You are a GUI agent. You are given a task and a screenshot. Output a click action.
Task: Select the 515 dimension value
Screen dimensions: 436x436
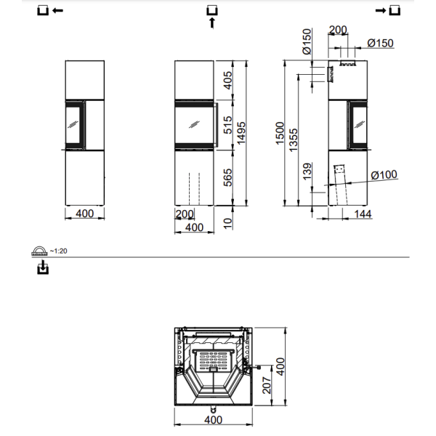[227, 125]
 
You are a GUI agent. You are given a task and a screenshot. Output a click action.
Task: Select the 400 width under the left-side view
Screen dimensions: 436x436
[84, 214]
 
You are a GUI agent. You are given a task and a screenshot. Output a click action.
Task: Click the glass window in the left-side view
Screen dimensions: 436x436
[74, 126]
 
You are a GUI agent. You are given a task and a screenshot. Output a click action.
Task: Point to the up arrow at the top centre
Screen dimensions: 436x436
[212, 23]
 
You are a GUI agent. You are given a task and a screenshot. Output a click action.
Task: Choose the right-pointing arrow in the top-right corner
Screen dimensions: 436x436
[380, 10]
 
